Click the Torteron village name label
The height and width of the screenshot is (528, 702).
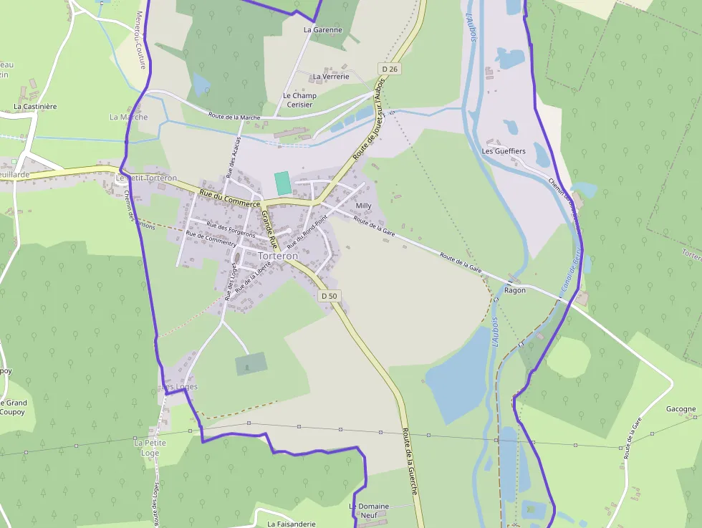click(x=277, y=256)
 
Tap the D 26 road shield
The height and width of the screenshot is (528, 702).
click(x=389, y=69)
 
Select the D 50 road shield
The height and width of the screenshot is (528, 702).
click(x=329, y=295)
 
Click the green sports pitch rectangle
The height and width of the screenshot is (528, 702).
click(x=284, y=183)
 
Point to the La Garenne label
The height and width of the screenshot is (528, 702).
click(x=323, y=30)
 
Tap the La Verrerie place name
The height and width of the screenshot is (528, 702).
click(x=331, y=77)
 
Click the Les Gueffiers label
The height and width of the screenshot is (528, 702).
click(x=504, y=151)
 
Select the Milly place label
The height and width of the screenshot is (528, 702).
click(x=364, y=206)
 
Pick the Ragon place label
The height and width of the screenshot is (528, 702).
click(x=515, y=290)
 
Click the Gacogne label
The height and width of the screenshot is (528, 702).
click(x=681, y=409)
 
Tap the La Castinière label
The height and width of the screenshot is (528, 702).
click(x=35, y=106)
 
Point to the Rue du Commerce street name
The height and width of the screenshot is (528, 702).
click(x=229, y=198)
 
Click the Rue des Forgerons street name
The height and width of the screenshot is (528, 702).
click(x=231, y=229)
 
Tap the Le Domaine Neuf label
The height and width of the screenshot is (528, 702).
click(x=369, y=510)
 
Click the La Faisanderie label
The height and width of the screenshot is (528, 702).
click(x=291, y=524)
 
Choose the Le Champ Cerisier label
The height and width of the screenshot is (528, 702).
click(x=299, y=100)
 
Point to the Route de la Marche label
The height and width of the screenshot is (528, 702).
click(x=234, y=116)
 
